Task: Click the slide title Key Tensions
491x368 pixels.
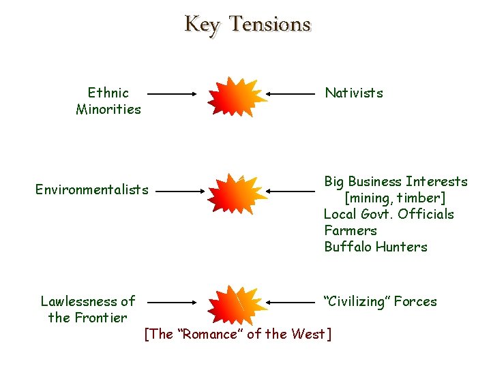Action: click(247, 25)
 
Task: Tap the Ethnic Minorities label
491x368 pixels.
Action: click(108, 101)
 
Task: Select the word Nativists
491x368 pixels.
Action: click(354, 93)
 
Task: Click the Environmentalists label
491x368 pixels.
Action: click(91, 189)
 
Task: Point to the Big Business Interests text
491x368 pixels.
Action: click(396, 181)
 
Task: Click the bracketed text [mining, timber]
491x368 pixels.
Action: click(395, 198)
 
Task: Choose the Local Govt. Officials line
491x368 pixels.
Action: click(389, 214)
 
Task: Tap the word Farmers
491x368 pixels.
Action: click(351, 230)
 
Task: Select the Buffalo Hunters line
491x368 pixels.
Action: click(375, 247)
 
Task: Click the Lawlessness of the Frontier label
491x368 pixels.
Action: click(87, 309)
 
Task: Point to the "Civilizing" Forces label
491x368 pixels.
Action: click(381, 301)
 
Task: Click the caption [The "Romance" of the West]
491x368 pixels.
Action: click(238, 334)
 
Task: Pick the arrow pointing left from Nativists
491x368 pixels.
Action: click(293, 93)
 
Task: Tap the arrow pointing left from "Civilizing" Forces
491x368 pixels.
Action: click(293, 301)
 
